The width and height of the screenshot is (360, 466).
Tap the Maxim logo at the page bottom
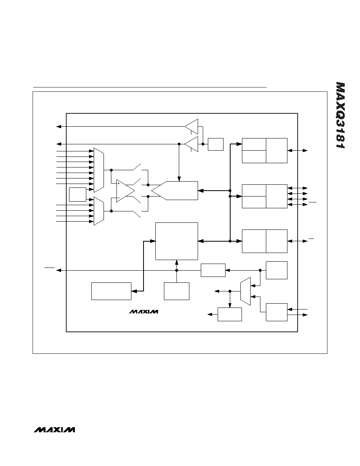(55, 430)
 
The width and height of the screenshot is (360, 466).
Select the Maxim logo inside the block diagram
(144, 312)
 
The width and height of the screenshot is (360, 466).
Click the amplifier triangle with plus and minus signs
(125, 191)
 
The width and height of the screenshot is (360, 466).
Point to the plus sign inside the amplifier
(118, 183)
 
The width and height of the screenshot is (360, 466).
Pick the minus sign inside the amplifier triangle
(118, 198)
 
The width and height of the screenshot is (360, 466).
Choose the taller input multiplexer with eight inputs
(98, 170)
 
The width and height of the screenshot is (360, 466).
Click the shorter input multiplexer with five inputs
(98, 211)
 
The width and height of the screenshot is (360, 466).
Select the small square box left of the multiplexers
(78, 195)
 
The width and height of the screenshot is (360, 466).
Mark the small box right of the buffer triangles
(216, 144)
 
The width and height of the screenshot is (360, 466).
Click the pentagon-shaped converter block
(175, 191)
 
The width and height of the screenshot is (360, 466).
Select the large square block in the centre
(177, 241)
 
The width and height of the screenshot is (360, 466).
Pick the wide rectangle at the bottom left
(111, 291)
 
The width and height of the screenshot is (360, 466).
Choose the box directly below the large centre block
(177, 291)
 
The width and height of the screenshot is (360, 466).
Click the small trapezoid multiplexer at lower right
(245, 291)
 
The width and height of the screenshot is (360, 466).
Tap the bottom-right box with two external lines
(276, 312)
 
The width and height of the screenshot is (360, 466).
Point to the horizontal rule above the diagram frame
(150, 87)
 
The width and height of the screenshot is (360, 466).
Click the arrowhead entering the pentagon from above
(179, 179)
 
